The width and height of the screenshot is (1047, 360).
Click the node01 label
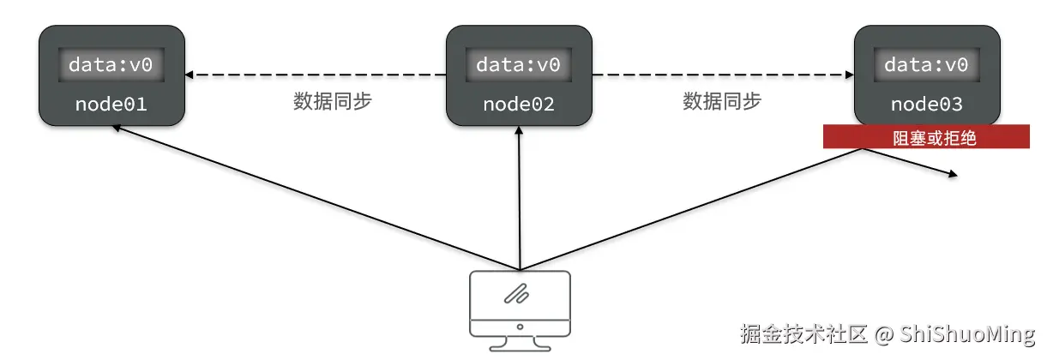click(x=111, y=104)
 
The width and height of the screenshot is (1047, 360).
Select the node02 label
click(x=519, y=104)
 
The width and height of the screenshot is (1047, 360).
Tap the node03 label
click(x=927, y=104)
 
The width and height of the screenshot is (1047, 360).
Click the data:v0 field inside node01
click(x=111, y=64)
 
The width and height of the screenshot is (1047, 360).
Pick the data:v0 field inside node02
click(x=519, y=64)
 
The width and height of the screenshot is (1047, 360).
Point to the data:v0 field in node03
click(x=927, y=64)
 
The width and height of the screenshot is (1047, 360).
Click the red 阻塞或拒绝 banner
click(x=926, y=137)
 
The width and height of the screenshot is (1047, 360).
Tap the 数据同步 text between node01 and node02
click(x=333, y=101)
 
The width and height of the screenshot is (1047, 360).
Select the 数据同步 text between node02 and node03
click(x=722, y=101)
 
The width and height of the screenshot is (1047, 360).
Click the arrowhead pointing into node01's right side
click(x=189, y=75)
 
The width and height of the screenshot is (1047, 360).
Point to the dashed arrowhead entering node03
click(x=850, y=75)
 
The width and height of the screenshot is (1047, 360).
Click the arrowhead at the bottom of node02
click(x=519, y=130)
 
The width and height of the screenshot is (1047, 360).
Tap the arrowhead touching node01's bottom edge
click(x=117, y=128)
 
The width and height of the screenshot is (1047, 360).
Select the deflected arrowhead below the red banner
click(x=953, y=174)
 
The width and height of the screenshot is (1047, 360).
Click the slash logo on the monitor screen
click(x=516, y=294)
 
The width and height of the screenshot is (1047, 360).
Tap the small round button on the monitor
click(x=520, y=327)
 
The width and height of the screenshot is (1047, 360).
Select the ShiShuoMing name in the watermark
click(x=967, y=334)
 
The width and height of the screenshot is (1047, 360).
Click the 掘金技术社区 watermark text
click(x=804, y=333)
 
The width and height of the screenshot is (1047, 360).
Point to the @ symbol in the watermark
click(x=884, y=335)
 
